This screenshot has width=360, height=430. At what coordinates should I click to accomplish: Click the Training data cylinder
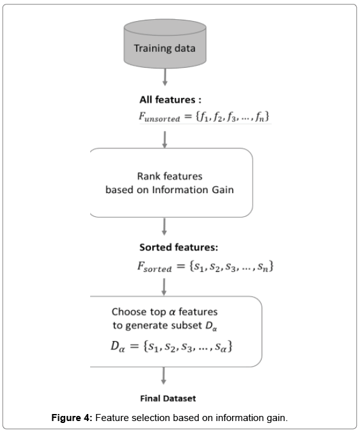(x=165, y=44)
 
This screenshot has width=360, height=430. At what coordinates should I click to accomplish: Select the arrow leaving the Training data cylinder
(x=165, y=77)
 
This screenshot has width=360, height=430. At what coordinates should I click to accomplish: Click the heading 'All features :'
(x=170, y=100)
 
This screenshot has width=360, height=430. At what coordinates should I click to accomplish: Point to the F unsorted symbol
(x=159, y=117)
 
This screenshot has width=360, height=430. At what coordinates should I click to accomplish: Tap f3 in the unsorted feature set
(x=231, y=117)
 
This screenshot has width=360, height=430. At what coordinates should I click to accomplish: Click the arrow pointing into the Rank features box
(x=165, y=139)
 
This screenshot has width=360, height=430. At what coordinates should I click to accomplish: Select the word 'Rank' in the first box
(x=148, y=176)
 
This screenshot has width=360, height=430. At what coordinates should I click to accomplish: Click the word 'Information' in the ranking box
(x=180, y=190)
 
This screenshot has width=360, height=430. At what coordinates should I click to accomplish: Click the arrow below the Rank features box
(x=164, y=227)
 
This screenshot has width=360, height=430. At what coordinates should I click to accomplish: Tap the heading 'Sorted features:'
(x=178, y=248)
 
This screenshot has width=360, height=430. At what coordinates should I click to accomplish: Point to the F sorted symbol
(x=155, y=267)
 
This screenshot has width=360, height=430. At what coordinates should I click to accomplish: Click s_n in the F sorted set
(x=263, y=267)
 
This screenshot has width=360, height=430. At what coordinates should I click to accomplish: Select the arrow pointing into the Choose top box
(x=164, y=287)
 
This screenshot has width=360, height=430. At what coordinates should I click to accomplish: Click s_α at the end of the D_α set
(x=221, y=347)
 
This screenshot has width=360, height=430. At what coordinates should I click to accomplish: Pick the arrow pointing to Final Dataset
(x=164, y=376)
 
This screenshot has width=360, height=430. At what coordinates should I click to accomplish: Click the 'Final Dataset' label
(x=168, y=399)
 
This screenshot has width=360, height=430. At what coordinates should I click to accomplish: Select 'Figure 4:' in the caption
(x=72, y=418)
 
